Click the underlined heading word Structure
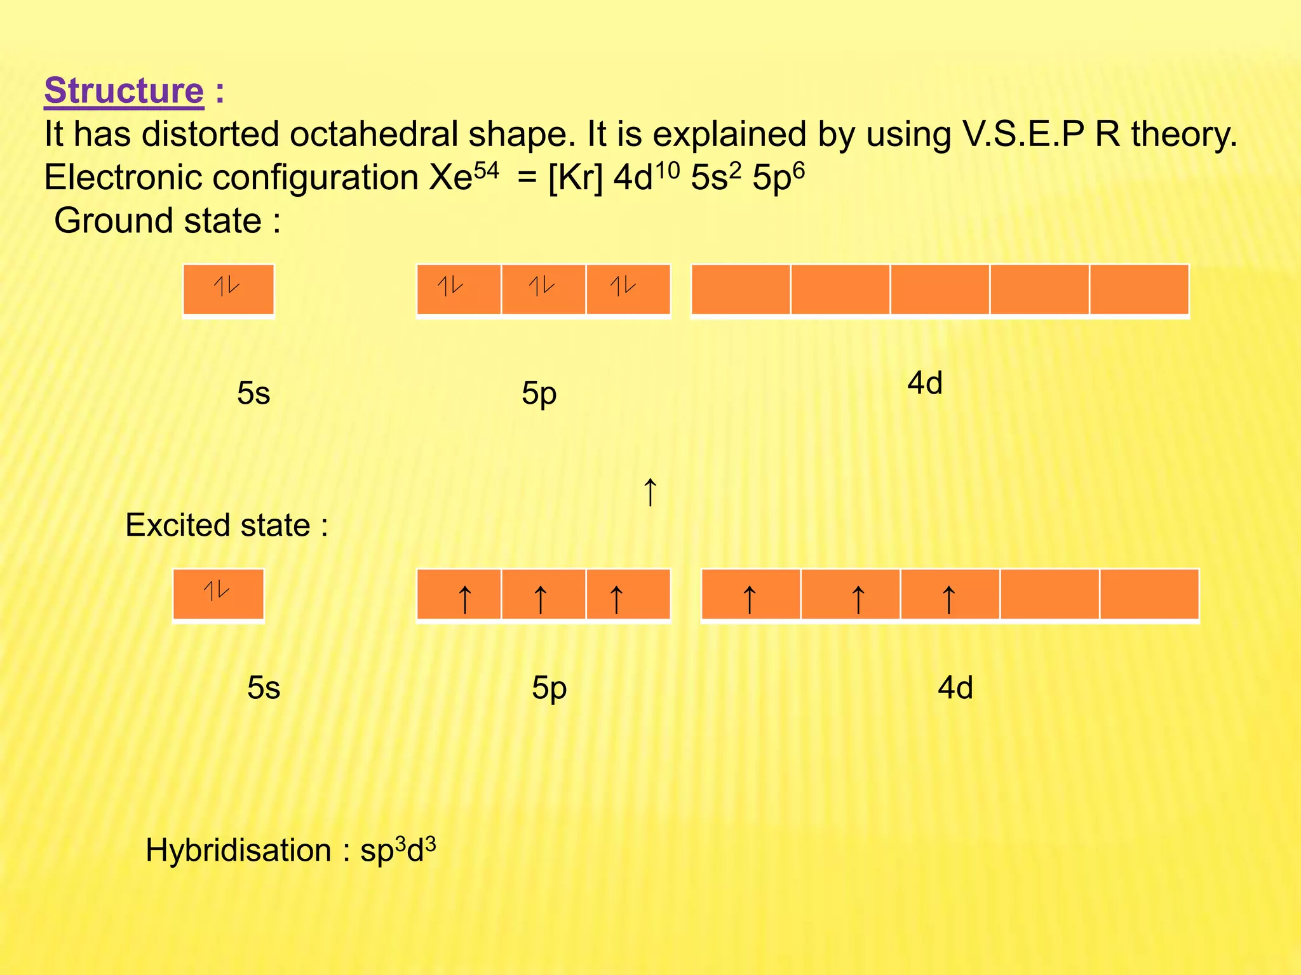[x=124, y=91]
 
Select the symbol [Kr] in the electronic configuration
[x=574, y=178]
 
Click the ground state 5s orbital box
[x=228, y=289]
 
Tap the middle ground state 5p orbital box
[x=543, y=289]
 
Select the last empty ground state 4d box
[x=1139, y=289]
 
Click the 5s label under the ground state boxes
[x=253, y=394]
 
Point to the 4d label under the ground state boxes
[x=924, y=383]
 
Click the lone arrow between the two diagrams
[x=650, y=493]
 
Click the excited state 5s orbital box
[x=218, y=594]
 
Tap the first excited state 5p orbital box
[x=459, y=594]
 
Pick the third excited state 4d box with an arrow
[x=950, y=594]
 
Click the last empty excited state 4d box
[x=1149, y=594]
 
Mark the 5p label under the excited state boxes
[x=549, y=688]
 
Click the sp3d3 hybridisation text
[x=398, y=851]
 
